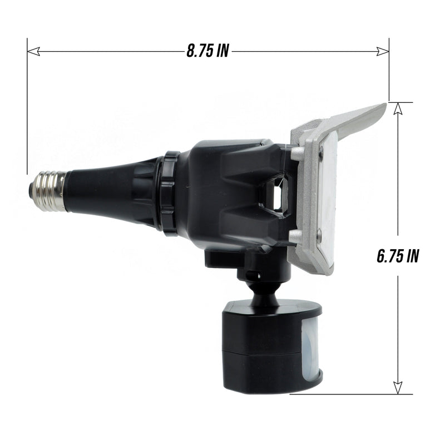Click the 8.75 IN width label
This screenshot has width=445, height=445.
207,52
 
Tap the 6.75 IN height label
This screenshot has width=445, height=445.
397,255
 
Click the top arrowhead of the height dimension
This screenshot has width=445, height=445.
397,109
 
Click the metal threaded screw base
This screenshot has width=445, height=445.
49,190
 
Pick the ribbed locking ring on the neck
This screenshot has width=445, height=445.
169,192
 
